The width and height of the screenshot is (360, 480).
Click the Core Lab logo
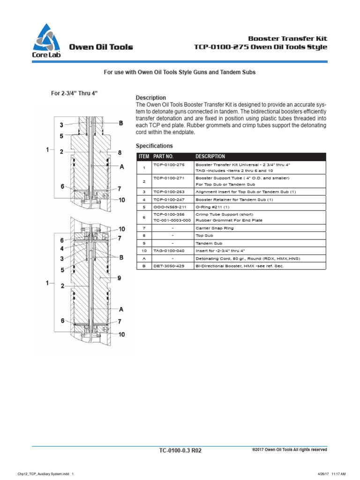(46, 41)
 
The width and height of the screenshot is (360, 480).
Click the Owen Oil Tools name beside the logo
(101, 47)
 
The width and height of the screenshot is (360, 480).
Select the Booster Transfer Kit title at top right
(287, 38)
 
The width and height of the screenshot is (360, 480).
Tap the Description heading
(150, 97)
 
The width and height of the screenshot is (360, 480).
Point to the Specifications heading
(154, 146)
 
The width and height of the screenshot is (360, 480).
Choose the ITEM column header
(143, 157)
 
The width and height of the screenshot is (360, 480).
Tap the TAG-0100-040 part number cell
(170, 251)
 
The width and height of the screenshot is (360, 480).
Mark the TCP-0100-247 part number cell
(170, 199)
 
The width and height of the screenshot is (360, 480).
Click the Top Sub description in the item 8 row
(202, 236)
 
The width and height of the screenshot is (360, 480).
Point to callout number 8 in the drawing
(120, 152)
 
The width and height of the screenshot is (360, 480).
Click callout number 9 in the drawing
(120, 278)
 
